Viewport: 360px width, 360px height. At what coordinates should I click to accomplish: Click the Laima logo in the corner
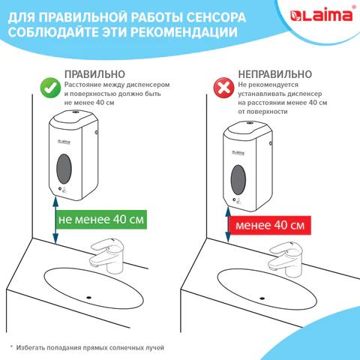[322, 16]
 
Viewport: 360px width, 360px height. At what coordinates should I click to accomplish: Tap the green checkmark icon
[50, 88]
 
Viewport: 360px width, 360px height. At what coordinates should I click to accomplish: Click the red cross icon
[223, 88]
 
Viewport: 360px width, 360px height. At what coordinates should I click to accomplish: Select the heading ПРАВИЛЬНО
[94, 74]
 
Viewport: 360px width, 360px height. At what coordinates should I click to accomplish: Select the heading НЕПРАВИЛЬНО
[275, 74]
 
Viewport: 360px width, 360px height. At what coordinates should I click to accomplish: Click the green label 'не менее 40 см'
[101, 220]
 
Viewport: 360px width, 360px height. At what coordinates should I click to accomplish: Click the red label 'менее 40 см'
[270, 225]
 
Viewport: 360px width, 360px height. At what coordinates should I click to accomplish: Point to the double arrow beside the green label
[55, 220]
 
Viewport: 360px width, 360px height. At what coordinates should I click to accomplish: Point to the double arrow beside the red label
[228, 225]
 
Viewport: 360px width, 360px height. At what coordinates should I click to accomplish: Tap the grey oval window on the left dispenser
[64, 169]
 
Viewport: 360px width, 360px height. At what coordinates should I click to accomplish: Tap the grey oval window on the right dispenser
[238, 179]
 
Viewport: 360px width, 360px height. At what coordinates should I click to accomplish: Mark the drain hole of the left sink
[88, 298]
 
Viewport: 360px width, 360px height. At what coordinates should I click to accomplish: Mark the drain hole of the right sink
[262, 298]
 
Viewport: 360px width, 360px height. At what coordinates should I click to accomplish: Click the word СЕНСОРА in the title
[216, 17]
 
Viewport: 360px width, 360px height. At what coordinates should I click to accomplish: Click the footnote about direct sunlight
[88, 347]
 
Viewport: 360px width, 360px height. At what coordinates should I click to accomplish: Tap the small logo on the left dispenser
[64, 142]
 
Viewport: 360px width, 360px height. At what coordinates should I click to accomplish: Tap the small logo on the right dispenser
[238, 152]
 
